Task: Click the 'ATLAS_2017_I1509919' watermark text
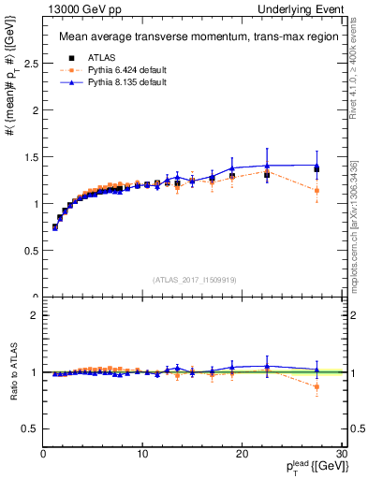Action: pyautogui.click(x=193, y=279)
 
